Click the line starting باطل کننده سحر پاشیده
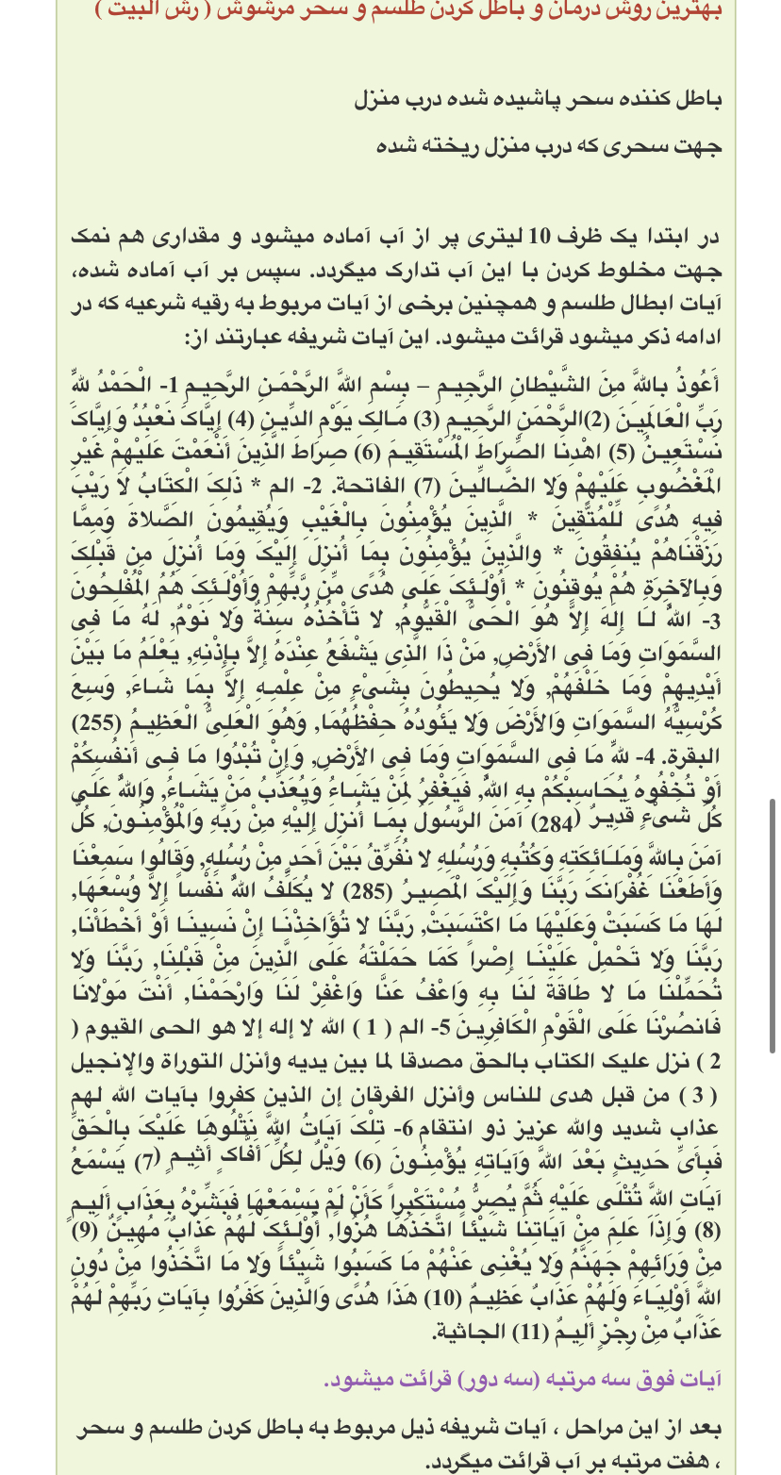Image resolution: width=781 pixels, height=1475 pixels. (538, 99)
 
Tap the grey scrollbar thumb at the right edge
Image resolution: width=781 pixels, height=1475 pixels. (773, 924)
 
